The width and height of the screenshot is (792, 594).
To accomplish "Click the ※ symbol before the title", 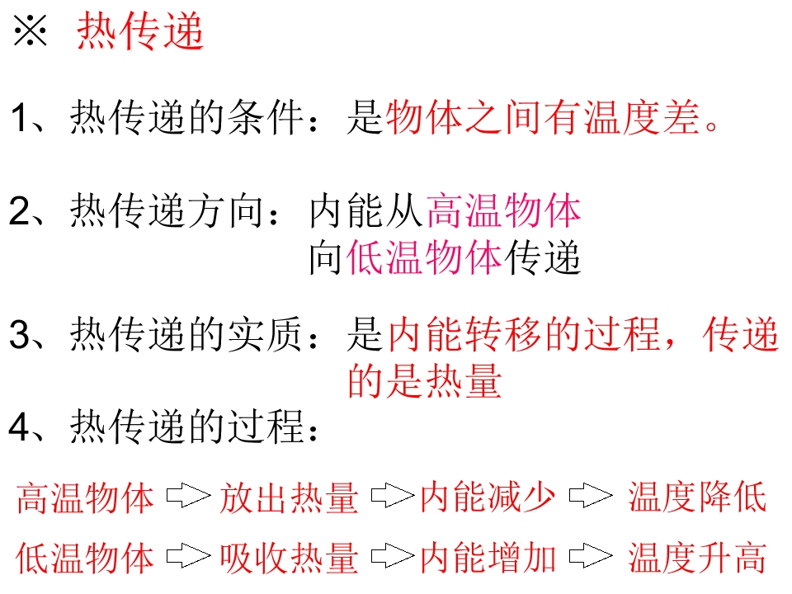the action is (x=31, y=31).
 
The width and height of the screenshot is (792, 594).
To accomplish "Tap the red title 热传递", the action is (x=140, y=31).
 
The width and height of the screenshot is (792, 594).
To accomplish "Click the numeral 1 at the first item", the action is (x=19, y=117).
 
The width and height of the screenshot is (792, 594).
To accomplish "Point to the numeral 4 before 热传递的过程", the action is (x=19, y=427).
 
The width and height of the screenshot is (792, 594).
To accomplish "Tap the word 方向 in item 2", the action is (x=226, y=210).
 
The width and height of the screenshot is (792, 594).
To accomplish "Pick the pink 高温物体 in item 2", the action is (x=503, y=210).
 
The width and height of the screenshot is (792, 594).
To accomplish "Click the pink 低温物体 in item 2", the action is (x=424, y=257).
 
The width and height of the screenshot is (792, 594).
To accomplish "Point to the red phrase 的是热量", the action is (x=425, y=380).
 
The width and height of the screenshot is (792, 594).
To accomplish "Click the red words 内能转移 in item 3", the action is (x=465, y=334).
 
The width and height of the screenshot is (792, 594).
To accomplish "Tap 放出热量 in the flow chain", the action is (x=289, y=497).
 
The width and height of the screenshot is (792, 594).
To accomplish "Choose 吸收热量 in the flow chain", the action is (x=289, y=559).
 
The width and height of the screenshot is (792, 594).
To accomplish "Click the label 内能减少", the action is (x=488, y=497).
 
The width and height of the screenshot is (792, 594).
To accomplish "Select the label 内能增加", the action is (x=488, y=559).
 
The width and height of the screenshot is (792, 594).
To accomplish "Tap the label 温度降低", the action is (x=697, y=497).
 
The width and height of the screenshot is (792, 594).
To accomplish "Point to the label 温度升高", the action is (x=697, y=559).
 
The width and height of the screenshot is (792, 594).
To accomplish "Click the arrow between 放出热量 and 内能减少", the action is (x=393, y=496).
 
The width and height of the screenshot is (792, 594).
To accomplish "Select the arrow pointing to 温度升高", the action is (x=591, y=556).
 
